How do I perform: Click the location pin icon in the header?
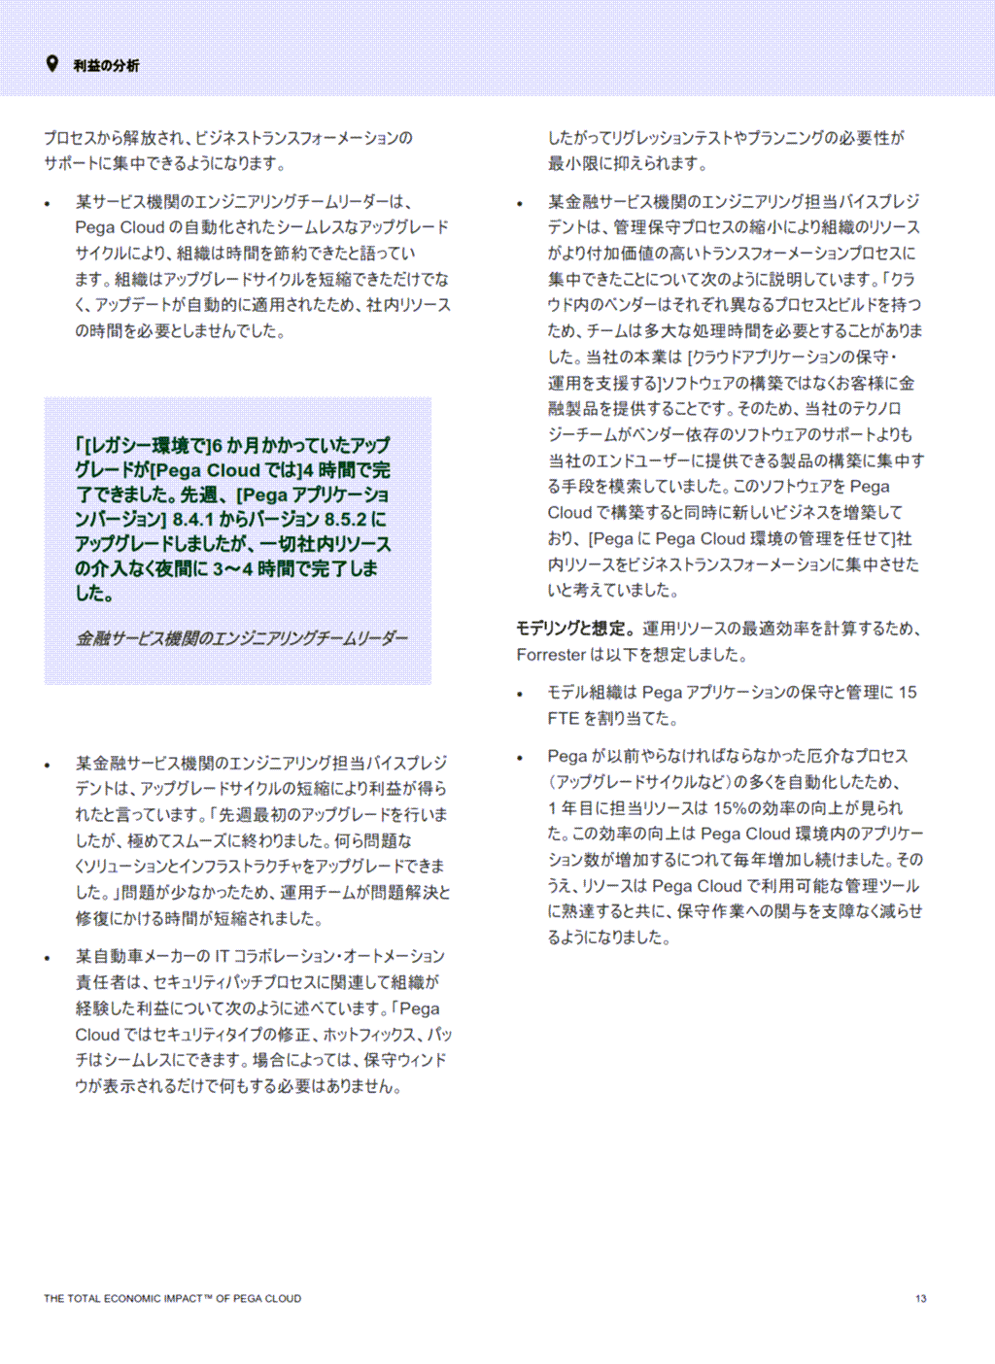[x=52, y=64]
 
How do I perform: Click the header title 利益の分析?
[x=106, y=66]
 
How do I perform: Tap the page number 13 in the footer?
[x=920, y=1298]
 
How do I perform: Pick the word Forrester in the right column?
[x=551, y=655]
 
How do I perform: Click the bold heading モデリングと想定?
[x=573, y=629]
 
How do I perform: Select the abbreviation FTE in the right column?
[x=563, y=719]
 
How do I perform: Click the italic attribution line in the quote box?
[x=242, y=638]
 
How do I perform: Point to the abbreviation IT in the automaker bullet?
[x=222, y=957]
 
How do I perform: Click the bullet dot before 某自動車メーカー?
[x=48, y=958]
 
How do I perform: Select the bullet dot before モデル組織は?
[x=520, y=694]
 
